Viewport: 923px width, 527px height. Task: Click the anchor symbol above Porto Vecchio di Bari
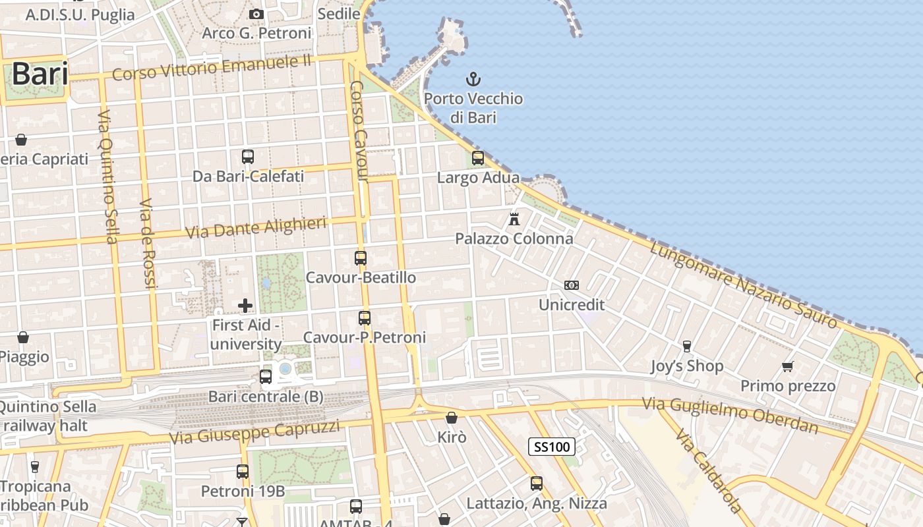[473, 80]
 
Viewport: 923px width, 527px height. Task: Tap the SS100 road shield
[552, 447]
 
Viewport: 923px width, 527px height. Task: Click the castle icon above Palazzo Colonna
[514, 219]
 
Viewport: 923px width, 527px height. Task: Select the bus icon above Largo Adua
[478, 158]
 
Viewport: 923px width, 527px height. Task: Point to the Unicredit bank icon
[572, 285]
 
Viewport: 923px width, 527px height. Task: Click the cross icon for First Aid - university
[245, 305]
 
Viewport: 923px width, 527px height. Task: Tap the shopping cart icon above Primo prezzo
[787, 366]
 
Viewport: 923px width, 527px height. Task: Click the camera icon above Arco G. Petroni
[256, 14]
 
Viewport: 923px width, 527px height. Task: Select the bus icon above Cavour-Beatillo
[361, 258]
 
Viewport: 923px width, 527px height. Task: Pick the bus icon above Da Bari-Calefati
[248, 157]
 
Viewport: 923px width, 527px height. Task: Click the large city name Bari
[40, 74]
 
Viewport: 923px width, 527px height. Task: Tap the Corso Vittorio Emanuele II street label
[211, 68]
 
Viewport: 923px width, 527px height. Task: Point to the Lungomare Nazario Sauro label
[743, 285]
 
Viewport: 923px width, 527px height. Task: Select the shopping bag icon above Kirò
[452, 418]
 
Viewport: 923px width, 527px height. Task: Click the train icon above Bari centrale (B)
[266, 377]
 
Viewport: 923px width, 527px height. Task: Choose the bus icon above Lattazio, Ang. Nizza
[537, 484]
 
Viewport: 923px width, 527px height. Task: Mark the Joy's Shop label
[687, 366]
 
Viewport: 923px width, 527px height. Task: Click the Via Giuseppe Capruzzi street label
[254, 432]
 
